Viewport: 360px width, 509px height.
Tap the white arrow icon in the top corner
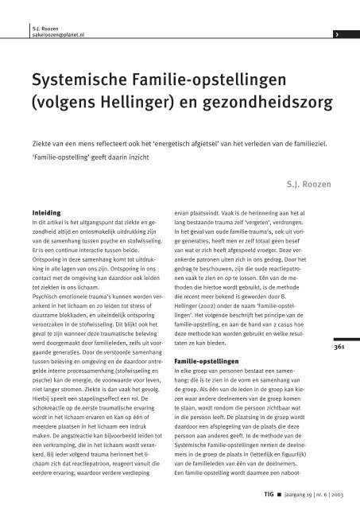click(339, 13)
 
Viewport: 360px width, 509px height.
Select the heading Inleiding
click(43, 213)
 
